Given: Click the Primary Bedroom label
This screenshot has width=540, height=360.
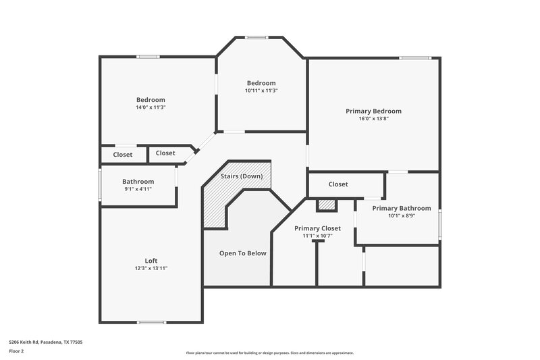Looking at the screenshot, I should [373, 111].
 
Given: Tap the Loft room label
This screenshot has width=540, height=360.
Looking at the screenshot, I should [151, 261].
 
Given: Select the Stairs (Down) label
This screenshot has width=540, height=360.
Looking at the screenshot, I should [241, 176].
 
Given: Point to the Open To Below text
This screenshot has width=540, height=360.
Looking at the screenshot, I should [242, 253].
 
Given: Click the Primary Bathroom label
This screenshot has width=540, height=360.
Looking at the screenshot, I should [401, 208].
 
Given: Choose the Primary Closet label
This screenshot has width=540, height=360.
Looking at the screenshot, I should [317, 228].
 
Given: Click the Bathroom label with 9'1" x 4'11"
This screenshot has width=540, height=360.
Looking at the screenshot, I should [138, 181].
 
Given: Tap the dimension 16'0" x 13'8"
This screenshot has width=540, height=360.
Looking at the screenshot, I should [373, 119].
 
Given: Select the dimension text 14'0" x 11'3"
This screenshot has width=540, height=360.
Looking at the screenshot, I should [151, 107].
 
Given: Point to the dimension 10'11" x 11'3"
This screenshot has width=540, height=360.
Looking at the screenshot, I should [261, 91].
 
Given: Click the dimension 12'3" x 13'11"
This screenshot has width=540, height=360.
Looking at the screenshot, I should [151, 268].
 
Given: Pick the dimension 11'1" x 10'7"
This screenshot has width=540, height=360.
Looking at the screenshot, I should [317, 236].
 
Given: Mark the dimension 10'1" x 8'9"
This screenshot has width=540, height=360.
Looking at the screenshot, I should [401, 216].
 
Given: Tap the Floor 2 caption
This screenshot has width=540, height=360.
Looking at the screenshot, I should [16, 351].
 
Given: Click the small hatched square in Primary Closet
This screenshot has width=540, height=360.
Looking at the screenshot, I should [326, 205].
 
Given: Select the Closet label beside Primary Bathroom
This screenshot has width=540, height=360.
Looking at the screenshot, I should [338, 184].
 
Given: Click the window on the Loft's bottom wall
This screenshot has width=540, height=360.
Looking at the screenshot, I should [152, 322].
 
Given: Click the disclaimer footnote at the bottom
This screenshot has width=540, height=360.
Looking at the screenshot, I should [269, 353].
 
